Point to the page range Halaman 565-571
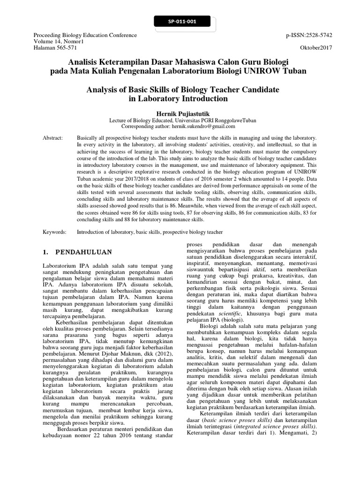click(x=55, y=48)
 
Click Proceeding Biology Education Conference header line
click(x=85, y=35)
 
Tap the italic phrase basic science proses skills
click(x=240, y=421)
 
